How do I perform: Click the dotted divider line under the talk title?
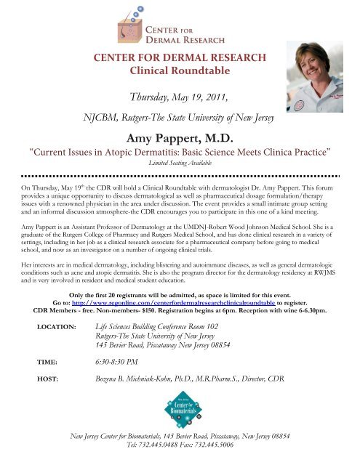[x=180, y=175]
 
